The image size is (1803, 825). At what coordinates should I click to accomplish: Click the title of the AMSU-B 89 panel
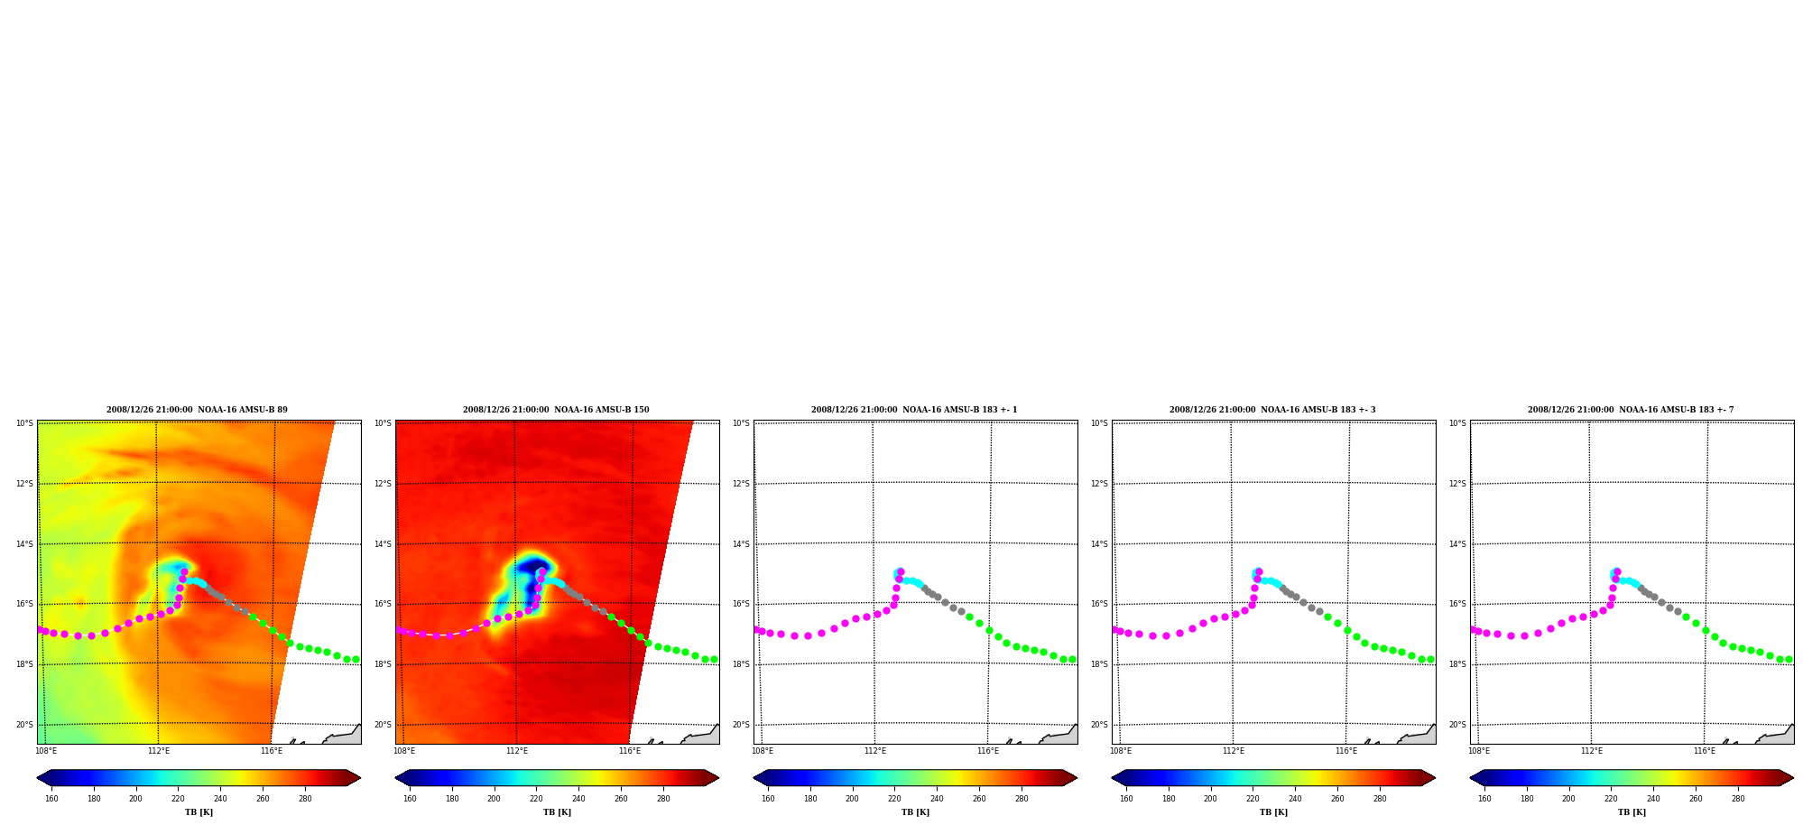tap(197, 410)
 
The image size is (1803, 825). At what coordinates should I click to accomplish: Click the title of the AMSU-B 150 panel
tap(556, 410)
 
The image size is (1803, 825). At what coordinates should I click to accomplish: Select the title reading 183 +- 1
tap(914, 410)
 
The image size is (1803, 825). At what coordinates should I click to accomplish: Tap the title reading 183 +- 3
tap(1272, 410)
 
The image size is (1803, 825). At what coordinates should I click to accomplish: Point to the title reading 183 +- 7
tap(1631, 410)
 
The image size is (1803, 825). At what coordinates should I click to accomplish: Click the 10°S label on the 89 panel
tap(24, 423)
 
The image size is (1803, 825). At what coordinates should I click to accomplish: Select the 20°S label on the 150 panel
tap(383, 725)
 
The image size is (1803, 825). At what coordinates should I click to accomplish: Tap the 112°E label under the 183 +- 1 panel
tap(875, 751)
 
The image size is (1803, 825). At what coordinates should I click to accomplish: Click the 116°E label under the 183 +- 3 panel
tap(1346, 751)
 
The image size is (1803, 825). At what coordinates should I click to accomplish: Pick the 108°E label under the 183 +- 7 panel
tap(1479, 751)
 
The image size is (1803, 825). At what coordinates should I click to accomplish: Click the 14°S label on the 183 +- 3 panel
tap(1099, 544)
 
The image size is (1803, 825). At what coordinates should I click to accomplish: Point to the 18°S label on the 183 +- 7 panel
tap(1457, 664)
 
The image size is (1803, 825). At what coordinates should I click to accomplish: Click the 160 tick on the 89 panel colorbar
tap(51, 799)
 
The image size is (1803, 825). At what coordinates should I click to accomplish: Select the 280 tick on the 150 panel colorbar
tap(663, 799)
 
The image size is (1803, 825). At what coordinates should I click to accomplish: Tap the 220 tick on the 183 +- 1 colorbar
tap(894, 799)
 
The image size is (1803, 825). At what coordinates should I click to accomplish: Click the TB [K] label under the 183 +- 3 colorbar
tap(1273, 812)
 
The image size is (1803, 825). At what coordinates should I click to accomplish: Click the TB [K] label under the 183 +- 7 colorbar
tap(1632, 812)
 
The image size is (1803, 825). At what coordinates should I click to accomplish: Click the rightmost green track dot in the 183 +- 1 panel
tap(1072, 660)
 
